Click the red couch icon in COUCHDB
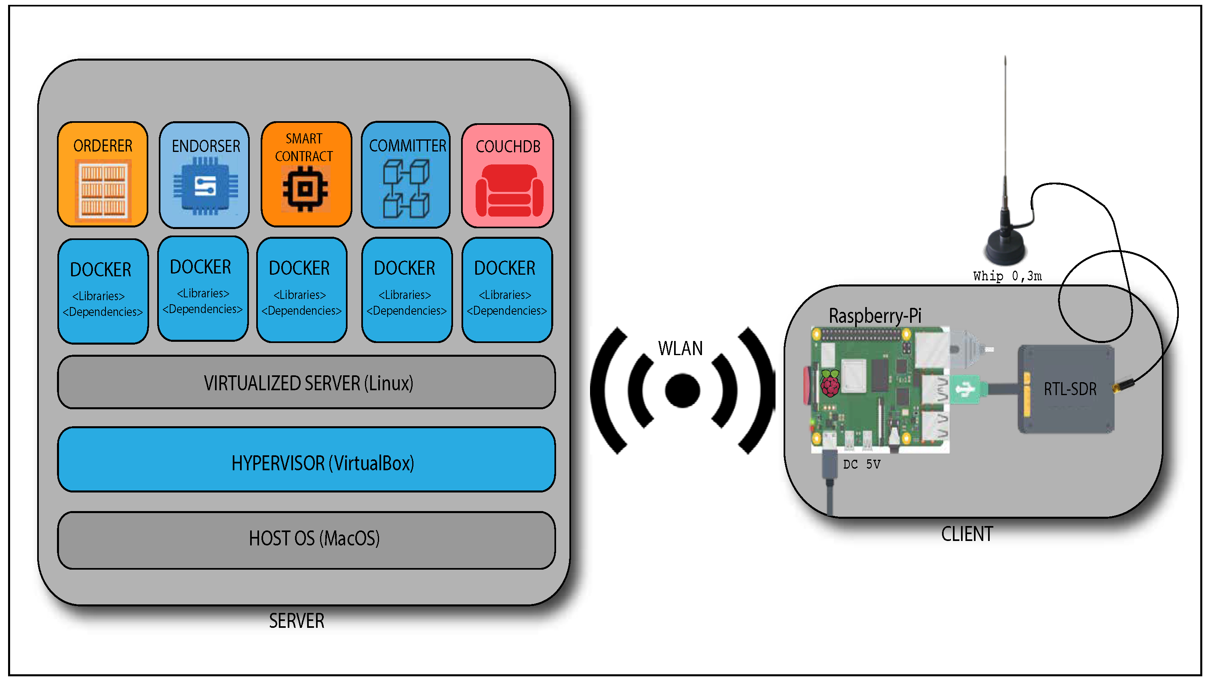pyautogui.click(x=509, y=190)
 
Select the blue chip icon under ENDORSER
pyautogui.click(x=205, y=186)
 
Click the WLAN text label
pyautogui.click(x=681, y=349)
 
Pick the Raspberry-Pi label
pyautogui.click(x=875, y=316)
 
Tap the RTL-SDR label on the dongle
pyautogui.click(x=1070, y=389)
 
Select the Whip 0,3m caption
pyautogui.click(x=1007, y=276)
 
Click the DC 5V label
pyautogui.click(x=862, y=465)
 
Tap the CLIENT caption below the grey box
pyautogui.click(x=967, y=534)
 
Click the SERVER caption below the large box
pyautogui.click(x=297, y=621)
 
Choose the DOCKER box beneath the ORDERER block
pyautogui.click(x=103, y=291)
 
